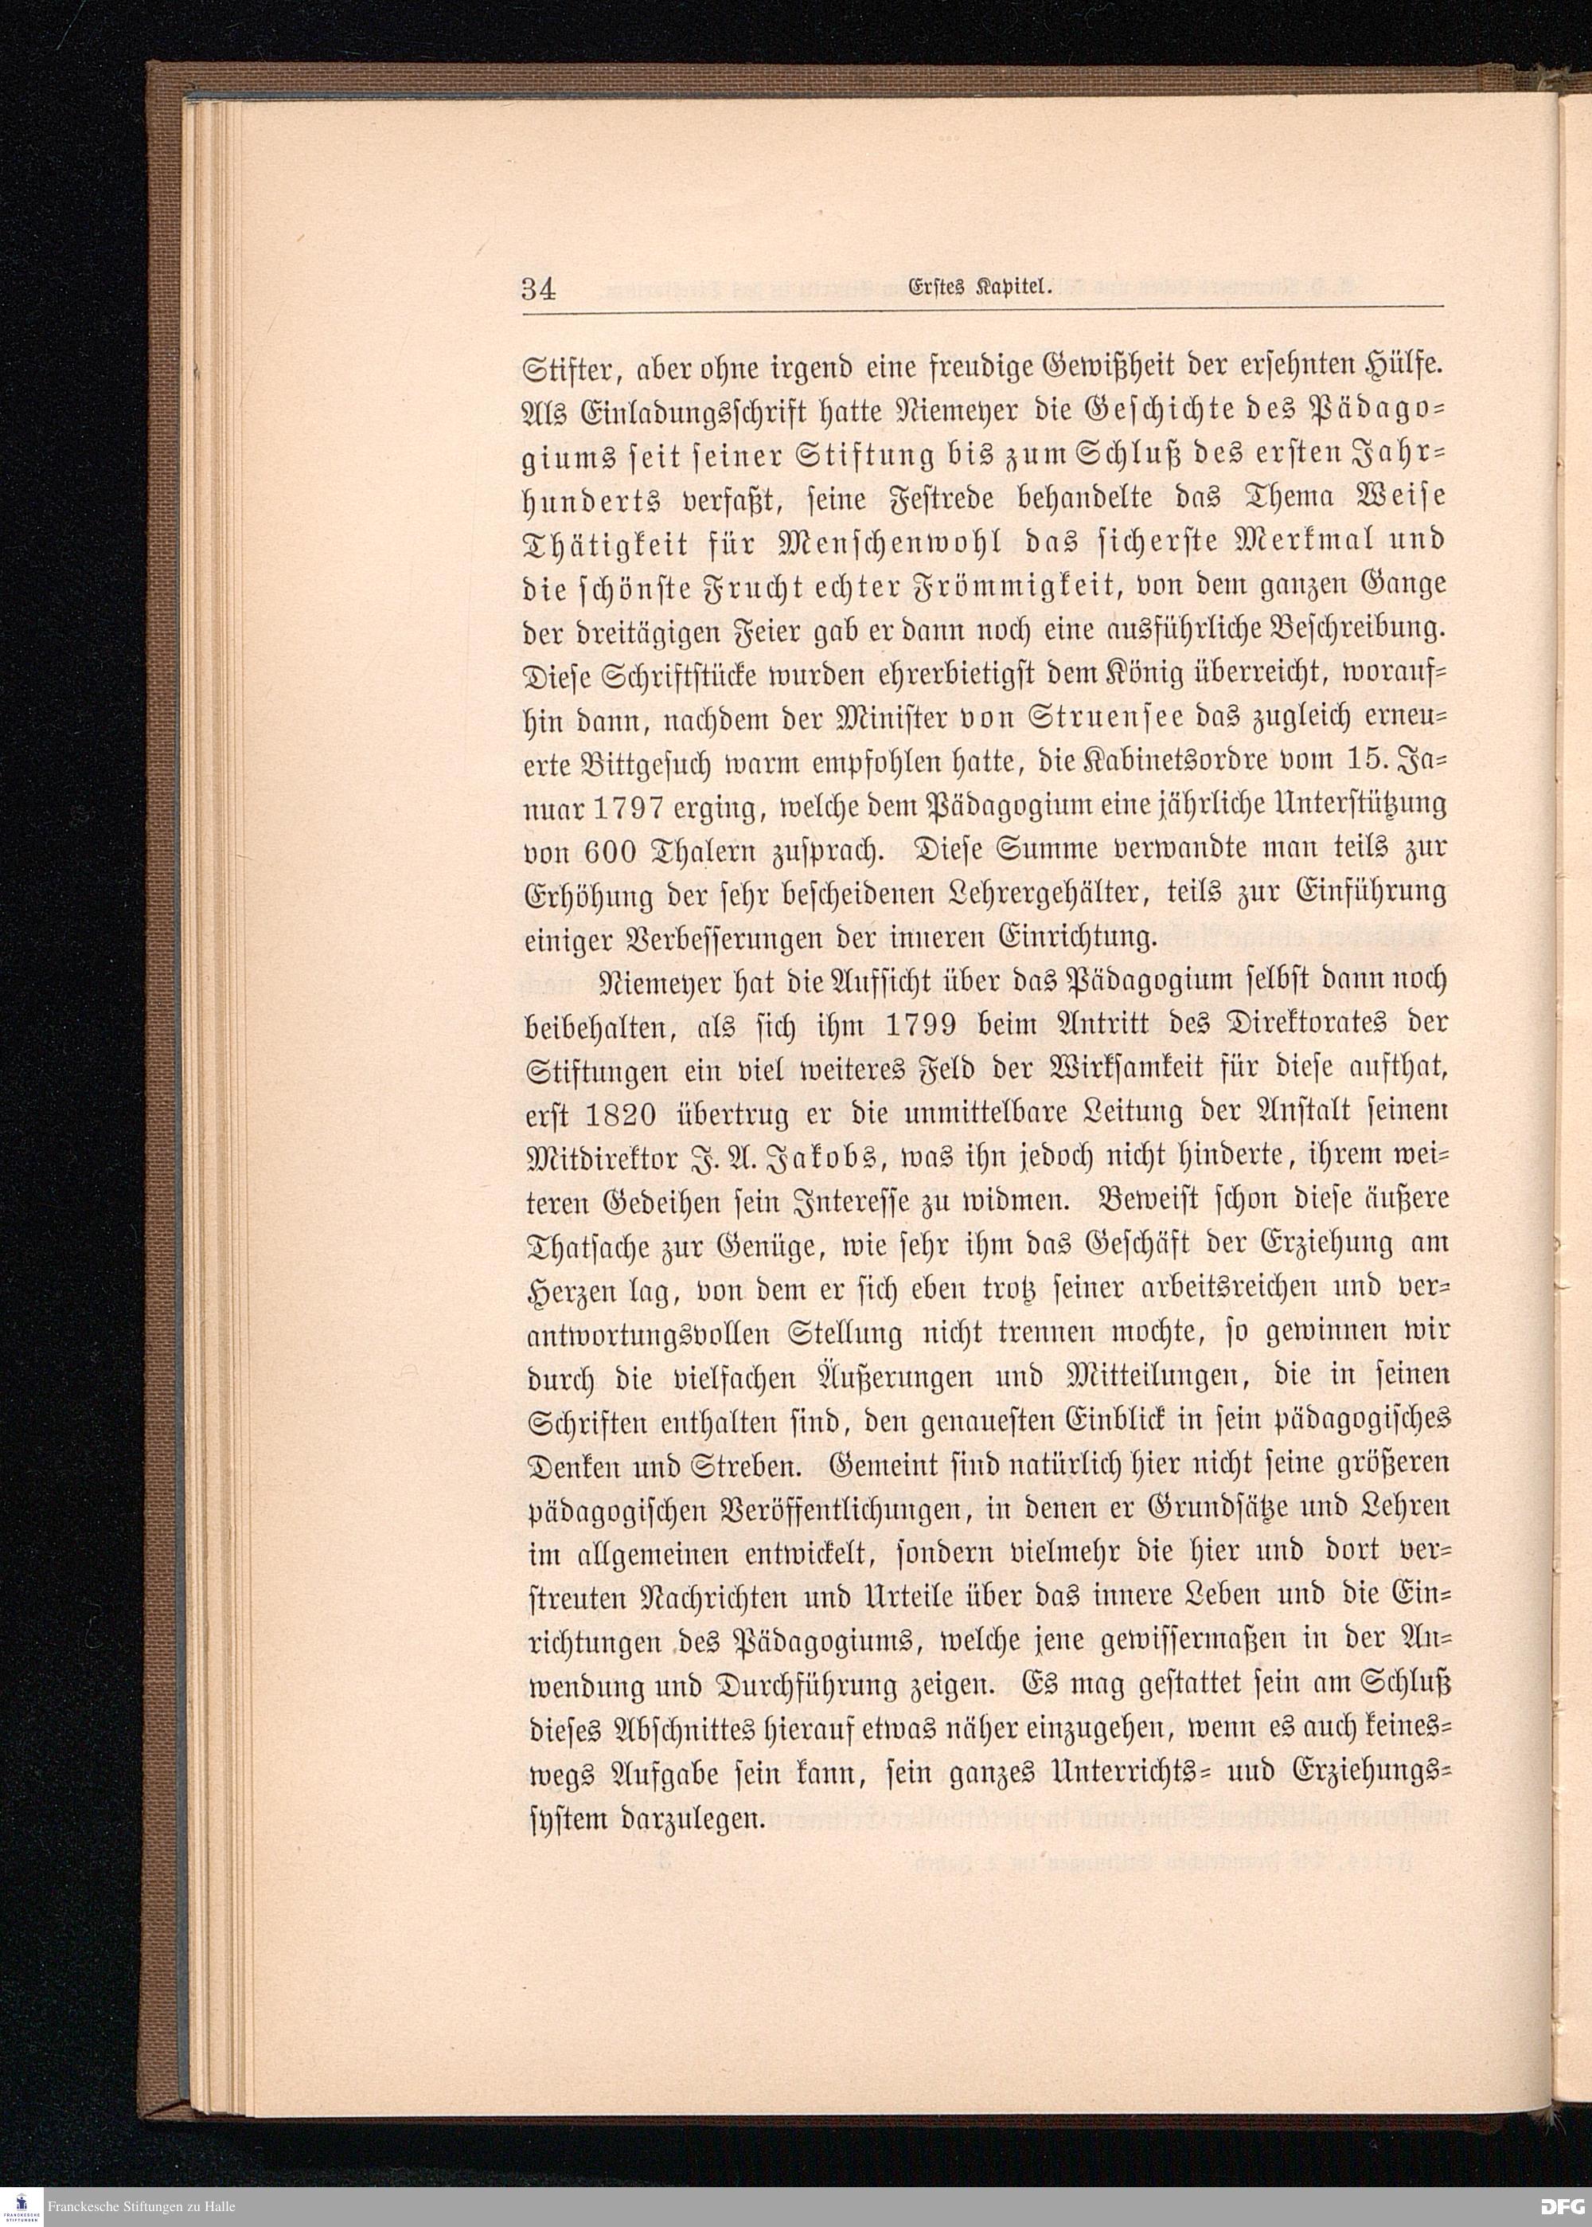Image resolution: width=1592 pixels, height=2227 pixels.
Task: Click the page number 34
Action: [x=539, y=289]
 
